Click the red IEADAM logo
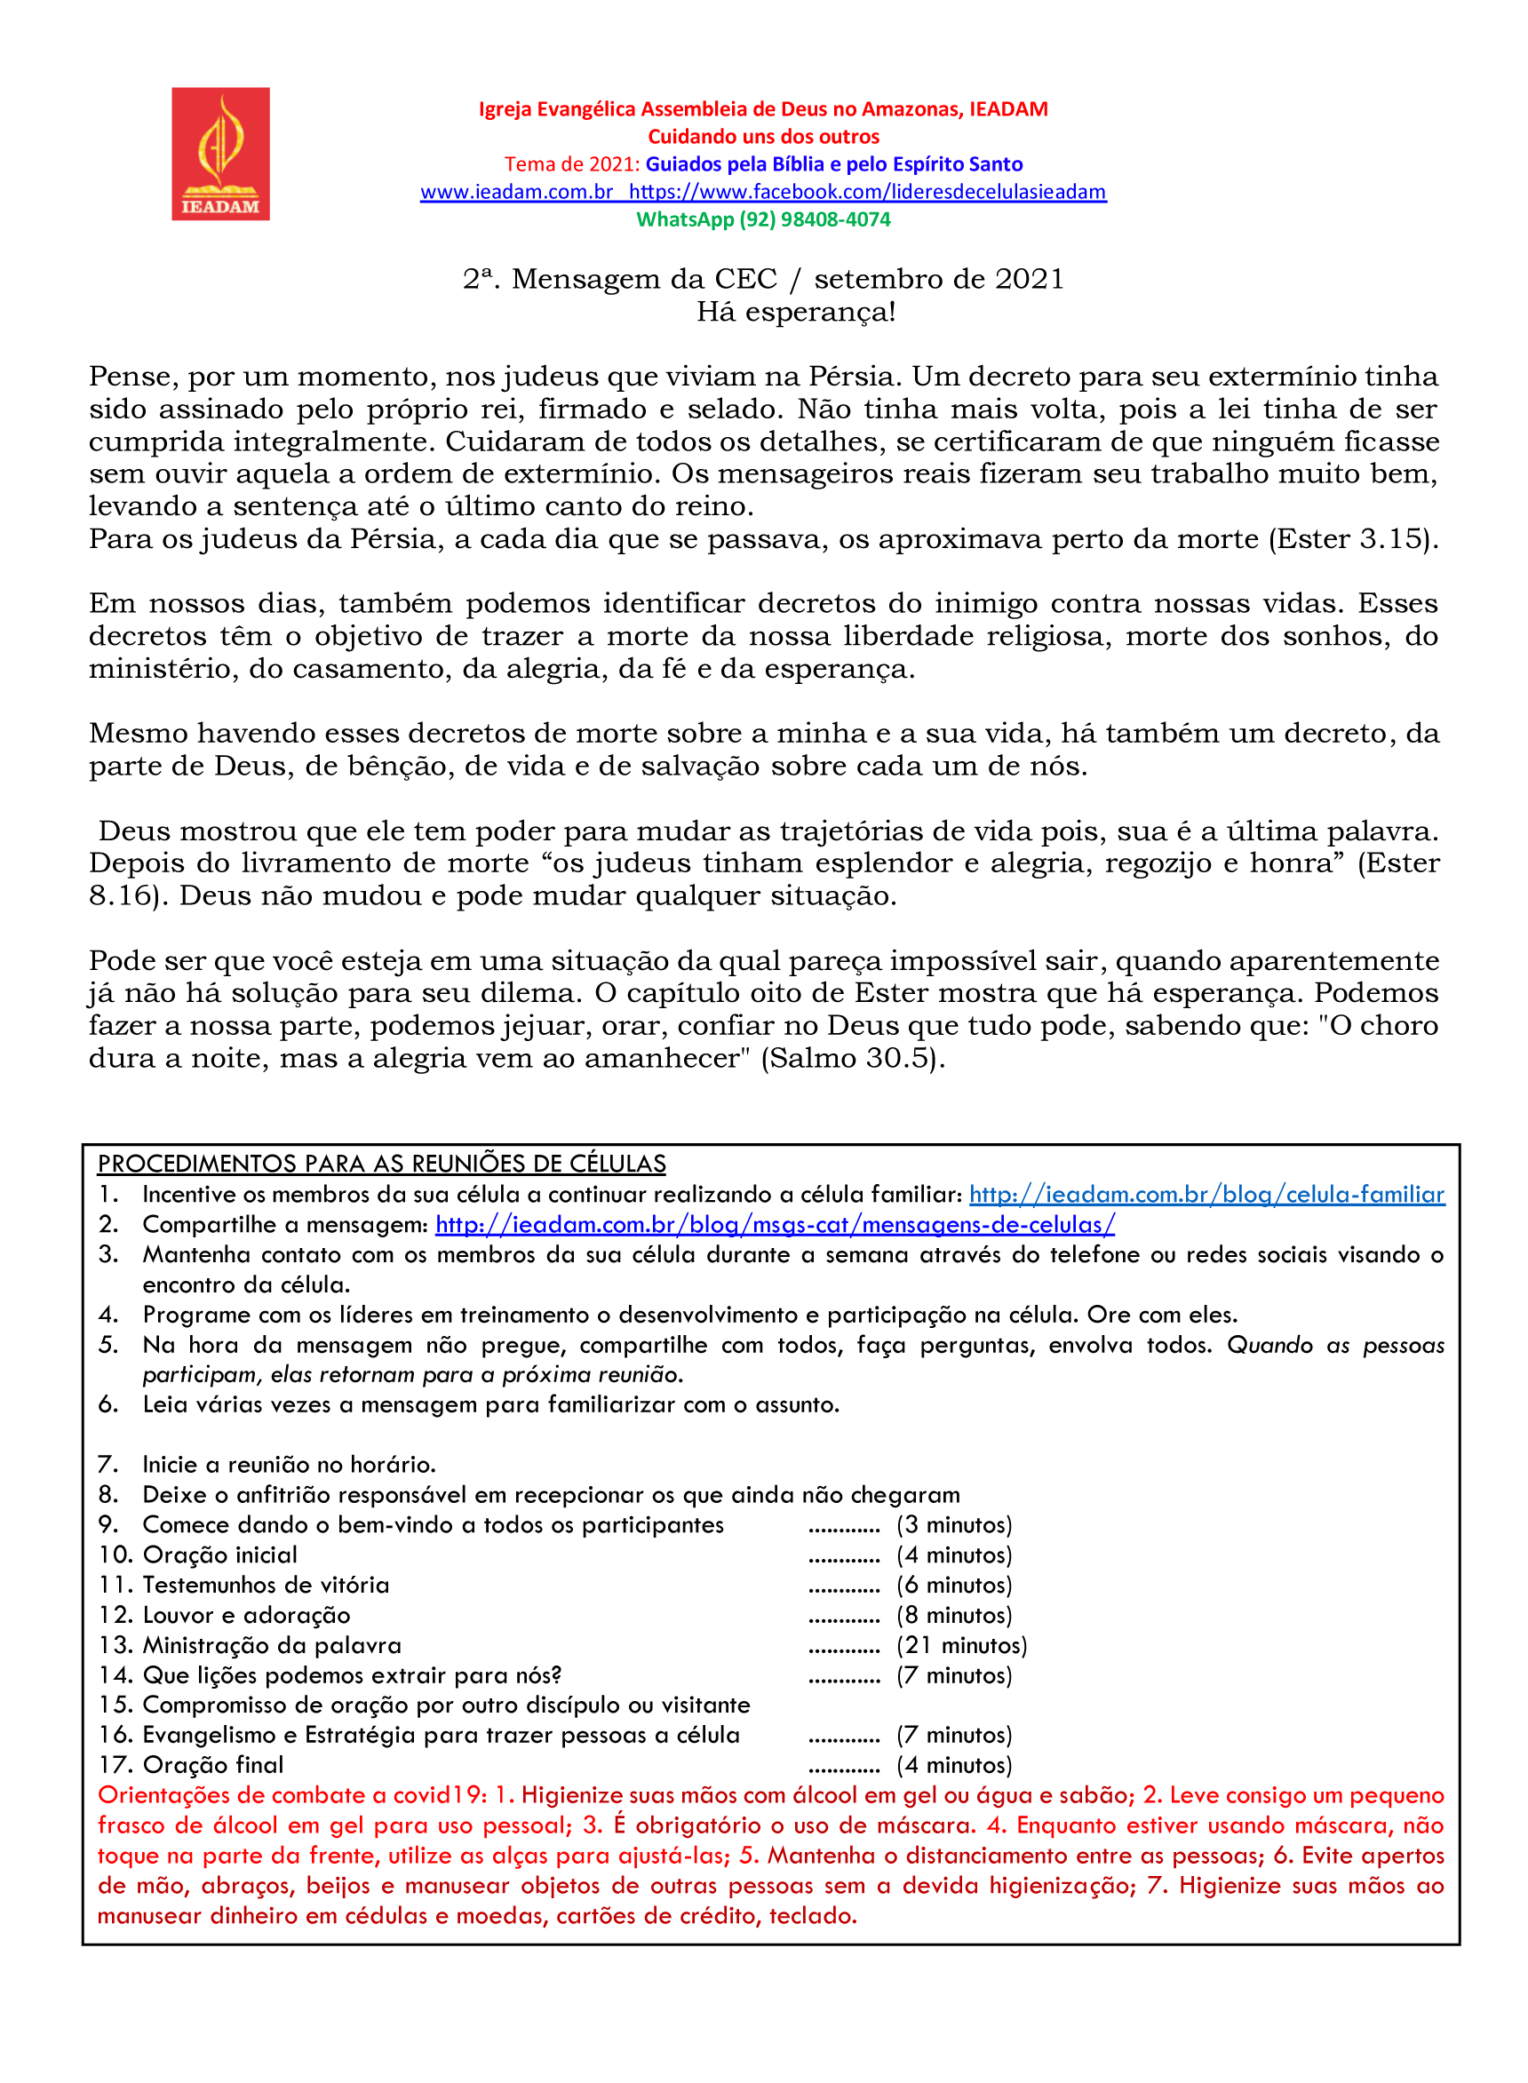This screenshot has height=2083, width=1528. [220, 154]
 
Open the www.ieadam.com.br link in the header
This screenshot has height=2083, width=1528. [516, 192]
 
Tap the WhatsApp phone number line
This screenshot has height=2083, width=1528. [763, 219]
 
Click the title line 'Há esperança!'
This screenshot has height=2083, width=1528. [796, 312]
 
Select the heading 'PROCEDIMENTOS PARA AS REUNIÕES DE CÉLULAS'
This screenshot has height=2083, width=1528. [382, 1164]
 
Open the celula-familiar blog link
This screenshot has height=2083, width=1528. [1206, 1194]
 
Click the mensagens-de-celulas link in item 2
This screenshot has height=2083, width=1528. [775, 1225]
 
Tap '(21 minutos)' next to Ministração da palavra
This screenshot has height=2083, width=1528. [962, 1645]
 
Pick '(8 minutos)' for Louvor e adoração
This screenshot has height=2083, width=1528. [954, 1615]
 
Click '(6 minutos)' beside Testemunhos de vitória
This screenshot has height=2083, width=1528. [954, 1586]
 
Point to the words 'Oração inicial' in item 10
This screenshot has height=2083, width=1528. [220, 1554]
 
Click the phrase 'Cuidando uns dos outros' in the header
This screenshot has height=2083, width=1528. [763, 137]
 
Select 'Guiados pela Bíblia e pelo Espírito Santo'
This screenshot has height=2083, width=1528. [834, 164]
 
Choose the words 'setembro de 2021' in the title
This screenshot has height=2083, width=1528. [939, 279]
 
